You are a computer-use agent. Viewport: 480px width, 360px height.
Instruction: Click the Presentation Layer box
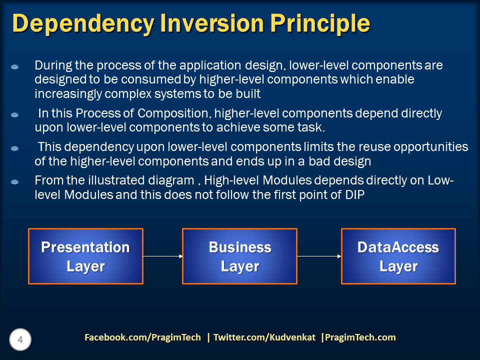[x=85, y=256]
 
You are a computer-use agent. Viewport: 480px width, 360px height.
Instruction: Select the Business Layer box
[x=239, y=256]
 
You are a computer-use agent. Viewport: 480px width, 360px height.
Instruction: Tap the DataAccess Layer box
[x=398, y=256]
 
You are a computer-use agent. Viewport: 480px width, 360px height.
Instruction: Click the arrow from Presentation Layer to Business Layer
[x=163, y=256]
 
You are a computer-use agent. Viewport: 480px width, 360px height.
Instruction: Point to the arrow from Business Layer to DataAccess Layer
[x=319, y=256]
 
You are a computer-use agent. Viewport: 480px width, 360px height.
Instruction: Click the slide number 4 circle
[x=20, y=339]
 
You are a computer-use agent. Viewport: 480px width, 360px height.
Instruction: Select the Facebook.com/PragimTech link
[x=142, y=337]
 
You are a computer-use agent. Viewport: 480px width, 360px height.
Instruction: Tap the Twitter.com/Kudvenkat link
[x=264, y=337]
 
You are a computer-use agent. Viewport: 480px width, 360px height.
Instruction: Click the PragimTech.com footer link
[x=360, y=337]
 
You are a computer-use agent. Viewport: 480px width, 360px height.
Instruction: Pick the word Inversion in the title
[x=212, y=23]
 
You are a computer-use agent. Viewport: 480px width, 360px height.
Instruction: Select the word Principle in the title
[x=320, y=24]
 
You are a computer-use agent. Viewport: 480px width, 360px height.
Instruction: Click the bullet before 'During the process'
[x=14, y=66]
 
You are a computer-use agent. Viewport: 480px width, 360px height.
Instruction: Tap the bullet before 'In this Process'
[x=14, y=115]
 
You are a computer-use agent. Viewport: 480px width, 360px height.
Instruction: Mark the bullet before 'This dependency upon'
[x=14, y=148]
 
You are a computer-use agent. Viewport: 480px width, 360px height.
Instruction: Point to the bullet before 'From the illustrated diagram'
[x=14, y=182]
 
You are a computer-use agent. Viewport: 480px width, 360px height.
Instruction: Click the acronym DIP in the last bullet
[x=355, y=194]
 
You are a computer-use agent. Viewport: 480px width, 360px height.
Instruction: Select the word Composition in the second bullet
[x=174, y=113]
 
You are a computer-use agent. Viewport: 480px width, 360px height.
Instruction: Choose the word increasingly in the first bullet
[x=68, y=94]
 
